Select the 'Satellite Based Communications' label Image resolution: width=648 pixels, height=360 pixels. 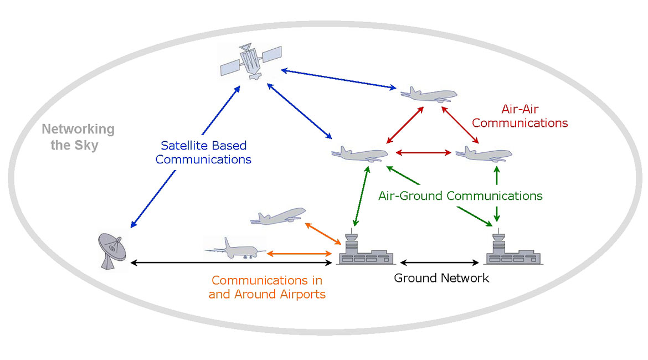click(203, 152)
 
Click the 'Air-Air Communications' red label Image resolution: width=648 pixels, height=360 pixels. click(520, 116)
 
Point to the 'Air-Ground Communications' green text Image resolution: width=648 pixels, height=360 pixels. click(460, 196)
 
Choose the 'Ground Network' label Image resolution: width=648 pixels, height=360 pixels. click(441, 277)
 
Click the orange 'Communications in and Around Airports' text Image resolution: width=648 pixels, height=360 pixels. click(267, 287)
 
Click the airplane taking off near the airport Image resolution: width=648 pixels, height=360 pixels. click(278, 217)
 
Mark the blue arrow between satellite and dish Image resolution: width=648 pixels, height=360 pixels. click(185, 157)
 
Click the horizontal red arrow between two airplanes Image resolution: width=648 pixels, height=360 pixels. click(421, 152)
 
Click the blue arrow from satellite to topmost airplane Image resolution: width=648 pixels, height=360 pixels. click(338, 79)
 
